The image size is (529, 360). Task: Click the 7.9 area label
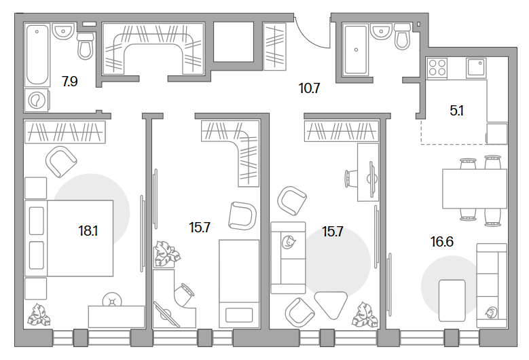pyautogui.click(x=70, y=82)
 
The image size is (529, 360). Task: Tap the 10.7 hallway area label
pyautogui.click(x=309, y=88)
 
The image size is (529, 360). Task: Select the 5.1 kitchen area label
pyautogui.click(x=456, y=111)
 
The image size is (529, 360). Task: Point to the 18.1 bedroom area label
pyautogui.click(x=88, y=231)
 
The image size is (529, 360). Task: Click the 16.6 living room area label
pyautogui.click(x=442, y=242)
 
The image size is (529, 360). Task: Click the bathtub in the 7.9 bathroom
pyautogui.click(x=37, y=54)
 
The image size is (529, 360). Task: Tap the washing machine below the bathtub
pyautogui.click(x=37, y=101)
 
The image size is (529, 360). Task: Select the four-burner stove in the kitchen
pyautogui.click(x=437, y=67)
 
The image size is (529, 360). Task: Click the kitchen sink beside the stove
pyautogui.click(x=476, y=67)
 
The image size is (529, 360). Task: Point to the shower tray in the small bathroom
pyautogui.click(x=356, y=50)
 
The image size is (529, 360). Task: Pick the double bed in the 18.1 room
pyautogui.click(x=69, y=238)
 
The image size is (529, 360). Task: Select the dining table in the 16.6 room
pyautogui.click(x=475, y=189)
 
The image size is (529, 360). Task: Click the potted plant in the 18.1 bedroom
pyautogui.click(x=39, y=314)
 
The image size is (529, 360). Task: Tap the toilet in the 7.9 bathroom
pyautogui.click(x=86, y=46)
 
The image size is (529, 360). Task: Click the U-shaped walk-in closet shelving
pyautogui.click(x=153, y=48)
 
